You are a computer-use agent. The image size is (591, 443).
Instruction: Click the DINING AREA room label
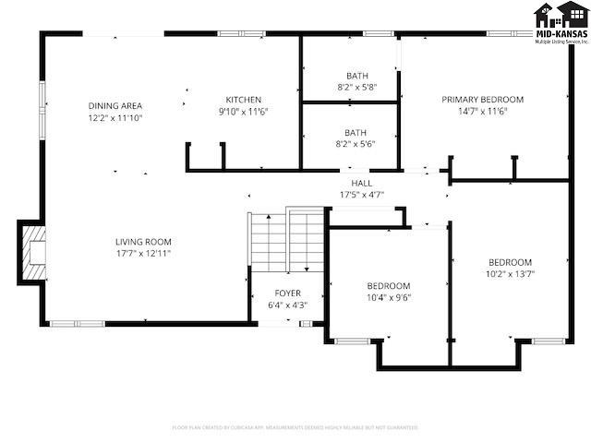pos(115,105)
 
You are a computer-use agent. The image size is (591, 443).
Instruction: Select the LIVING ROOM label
pos(143,241)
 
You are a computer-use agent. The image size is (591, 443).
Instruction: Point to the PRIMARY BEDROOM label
pos(482,100)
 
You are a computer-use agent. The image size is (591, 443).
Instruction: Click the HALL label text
pos(361,183)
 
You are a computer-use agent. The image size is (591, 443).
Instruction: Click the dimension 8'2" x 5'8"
pos(356,87)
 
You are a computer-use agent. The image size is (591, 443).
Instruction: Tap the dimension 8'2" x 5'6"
pos(356,143)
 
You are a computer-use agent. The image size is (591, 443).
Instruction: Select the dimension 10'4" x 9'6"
pos(388,297)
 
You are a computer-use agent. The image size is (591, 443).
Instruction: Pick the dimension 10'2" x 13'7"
pos(510,273)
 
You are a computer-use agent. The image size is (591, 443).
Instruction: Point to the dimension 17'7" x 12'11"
pos(143,253)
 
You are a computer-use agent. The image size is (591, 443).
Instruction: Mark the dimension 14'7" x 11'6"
pos(482,111)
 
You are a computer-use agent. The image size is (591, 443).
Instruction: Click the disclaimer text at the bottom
pos(295,427)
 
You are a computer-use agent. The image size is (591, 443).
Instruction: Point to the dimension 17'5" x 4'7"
pos(361,195)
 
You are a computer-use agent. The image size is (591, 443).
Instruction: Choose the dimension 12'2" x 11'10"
pos(115,117)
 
